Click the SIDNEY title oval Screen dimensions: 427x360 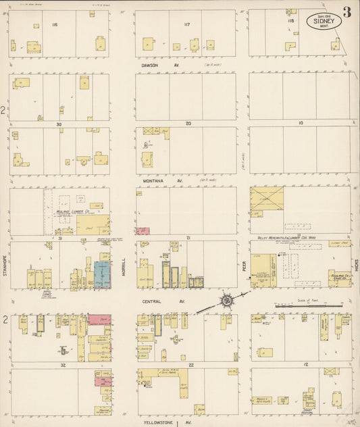[324, 20]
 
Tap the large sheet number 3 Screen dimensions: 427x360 [346, 12]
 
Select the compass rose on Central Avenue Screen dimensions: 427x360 [226, 299]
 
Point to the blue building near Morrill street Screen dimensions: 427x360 [102, 274]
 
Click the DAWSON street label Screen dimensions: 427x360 [150, 66]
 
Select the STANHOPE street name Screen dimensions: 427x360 [4, 266]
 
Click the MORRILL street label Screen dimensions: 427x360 [124, 266]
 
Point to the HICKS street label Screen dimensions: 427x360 [355, 267]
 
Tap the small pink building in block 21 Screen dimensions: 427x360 [143, 231]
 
